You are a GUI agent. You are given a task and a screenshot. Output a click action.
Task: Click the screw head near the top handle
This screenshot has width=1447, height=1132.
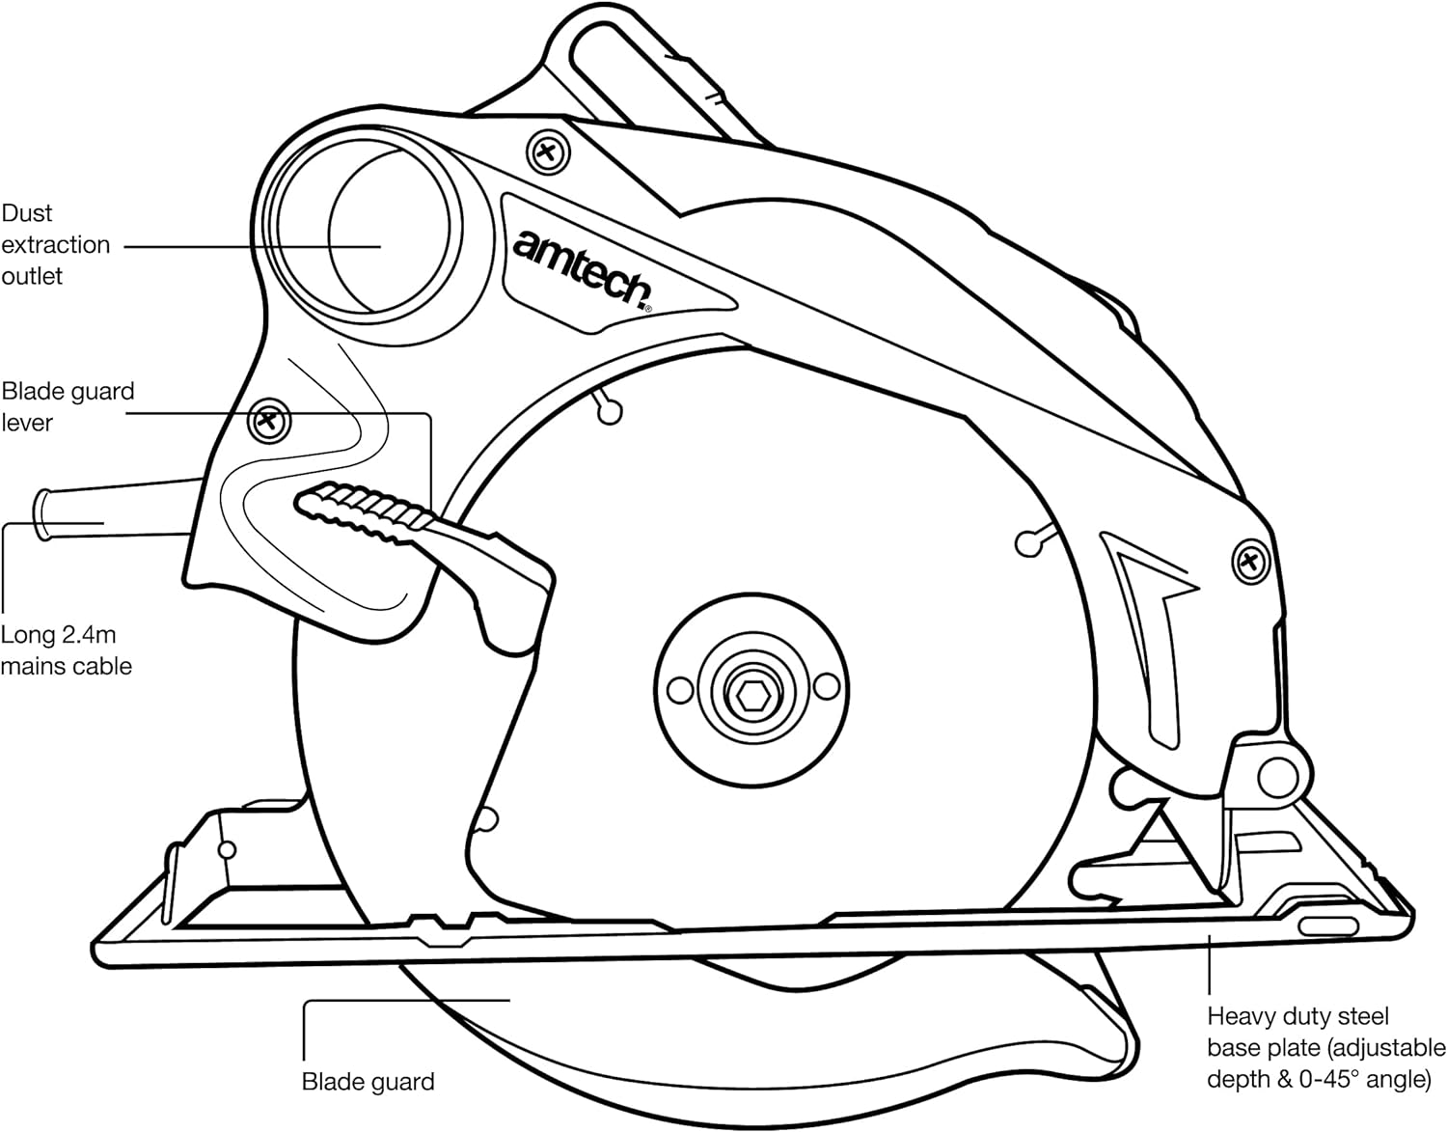(548, 152)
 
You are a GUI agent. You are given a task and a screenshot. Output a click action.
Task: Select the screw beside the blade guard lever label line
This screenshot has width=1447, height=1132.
(269, 421)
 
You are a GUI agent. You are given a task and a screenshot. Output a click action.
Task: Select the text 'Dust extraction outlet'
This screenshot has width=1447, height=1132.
(56, 244)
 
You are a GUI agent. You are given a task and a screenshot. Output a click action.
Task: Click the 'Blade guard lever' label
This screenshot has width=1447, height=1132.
(68, 406)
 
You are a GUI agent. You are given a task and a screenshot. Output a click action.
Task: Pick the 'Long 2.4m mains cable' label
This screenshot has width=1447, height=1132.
(66, 650)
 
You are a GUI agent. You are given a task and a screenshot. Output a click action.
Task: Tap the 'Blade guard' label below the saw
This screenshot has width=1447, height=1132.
(369, 1082)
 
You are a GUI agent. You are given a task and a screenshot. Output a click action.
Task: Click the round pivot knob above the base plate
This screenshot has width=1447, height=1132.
(1277, 772)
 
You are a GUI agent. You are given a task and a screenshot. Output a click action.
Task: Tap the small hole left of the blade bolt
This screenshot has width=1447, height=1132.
(680, 689)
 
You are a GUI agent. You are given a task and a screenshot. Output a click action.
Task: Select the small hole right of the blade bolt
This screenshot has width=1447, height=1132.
(827, 686)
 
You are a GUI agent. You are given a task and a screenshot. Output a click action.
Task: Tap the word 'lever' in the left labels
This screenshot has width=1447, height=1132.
(27, 423)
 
